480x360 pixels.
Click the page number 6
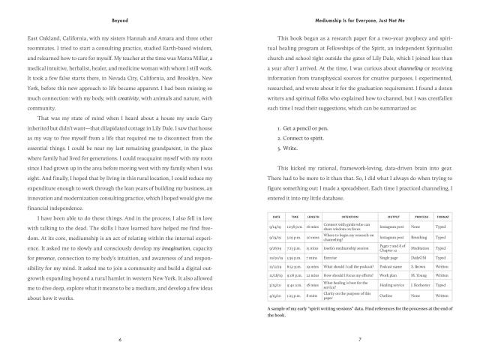(x=119, y=339)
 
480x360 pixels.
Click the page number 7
(x=360, y=339)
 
